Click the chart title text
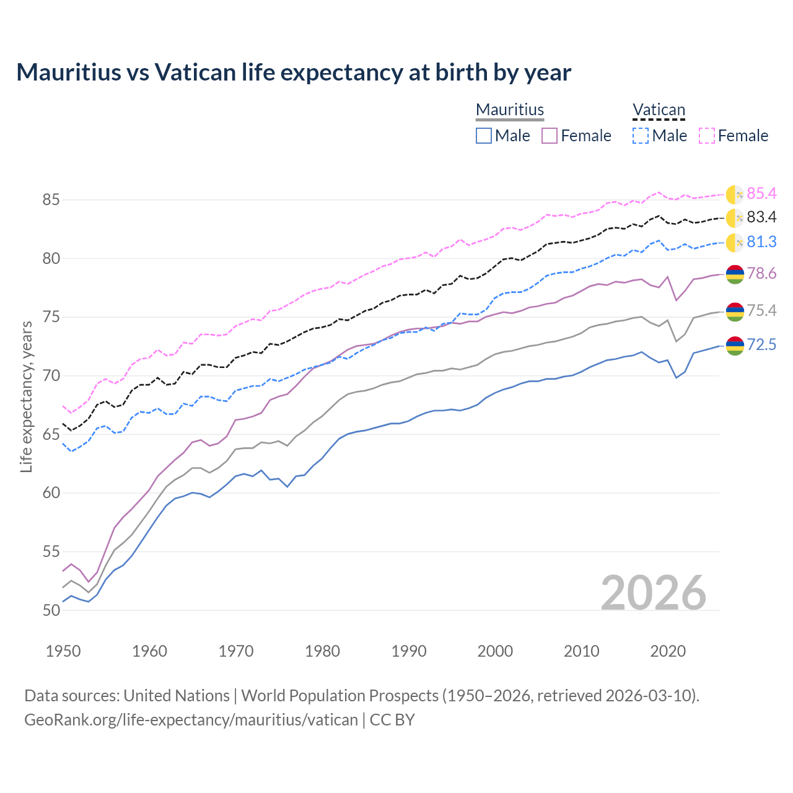pyautogui.click(x=294, y=72)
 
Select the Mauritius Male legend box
pyautogui.click(x=484, y=136)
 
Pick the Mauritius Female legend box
pyautogui.click(x=550, y=136)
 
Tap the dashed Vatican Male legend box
pyautogui.click(x=641, y=136)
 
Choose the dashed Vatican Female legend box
pyautogui.click(x=707, y=136)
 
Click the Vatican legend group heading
pyautogui.click(x=659, y=110)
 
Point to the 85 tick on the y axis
pyautogui.click(x=51, y=200)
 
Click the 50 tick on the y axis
pyautogui.click(x=51, y=610)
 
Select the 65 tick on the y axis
pyautogui.click(x=51, y=434)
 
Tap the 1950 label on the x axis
pyautogui.click(x=63, y=651)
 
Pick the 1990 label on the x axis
pyautogui.click(x=409, y=651)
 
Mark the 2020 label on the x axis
pyautogui.click(x=668, y=651)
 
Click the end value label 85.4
pyautogui.click(x=761, y=194)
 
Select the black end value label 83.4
pyautogui.click(x=761, y=217)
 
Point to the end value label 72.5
pyautogui.click(x=761, y=345)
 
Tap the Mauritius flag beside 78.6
pyautogui.click(x=735, y=274)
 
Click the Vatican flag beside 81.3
pyautogui.click(x=735, y=242)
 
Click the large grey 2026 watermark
pyautogui.click(x=654, y=593)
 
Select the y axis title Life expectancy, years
pyautogui.click(x=26, y=396)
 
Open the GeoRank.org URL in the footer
pyautogui.click(x=191, y=720)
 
